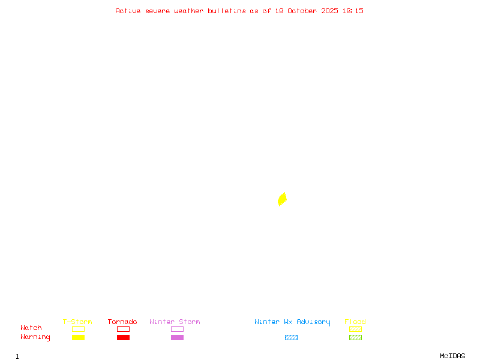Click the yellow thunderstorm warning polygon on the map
(282, 199)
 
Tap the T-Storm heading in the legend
(77, 322)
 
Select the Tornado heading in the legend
(122, 322)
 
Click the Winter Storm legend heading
(175, 322)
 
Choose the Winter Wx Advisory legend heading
(292, 322)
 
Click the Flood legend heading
(355, 322)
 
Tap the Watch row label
(31, 328)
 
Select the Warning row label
(35, 337)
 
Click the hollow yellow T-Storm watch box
(78, 329)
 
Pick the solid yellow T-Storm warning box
(78, 337)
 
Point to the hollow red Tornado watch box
(123, 329)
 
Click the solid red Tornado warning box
(123, 337)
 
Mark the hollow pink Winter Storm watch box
(177, 329)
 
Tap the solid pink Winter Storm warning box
(177, 337)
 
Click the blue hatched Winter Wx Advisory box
(291, 337)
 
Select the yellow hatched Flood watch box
(355, 329)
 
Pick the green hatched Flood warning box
(355, 337)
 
